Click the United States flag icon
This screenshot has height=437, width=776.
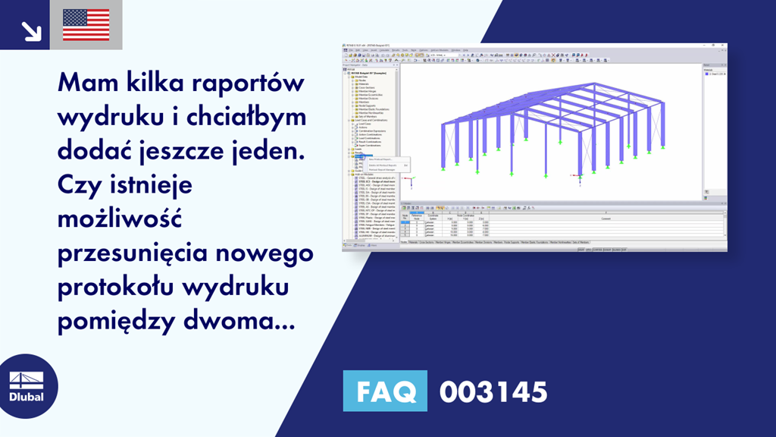pos(86,25)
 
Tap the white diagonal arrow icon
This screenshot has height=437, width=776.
pos(30,30)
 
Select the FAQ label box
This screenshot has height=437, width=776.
pos(385,392)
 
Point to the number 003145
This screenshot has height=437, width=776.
pos(493,392)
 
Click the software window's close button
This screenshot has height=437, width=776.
pos(724,46)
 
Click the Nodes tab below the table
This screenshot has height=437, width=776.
pos(404,242)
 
